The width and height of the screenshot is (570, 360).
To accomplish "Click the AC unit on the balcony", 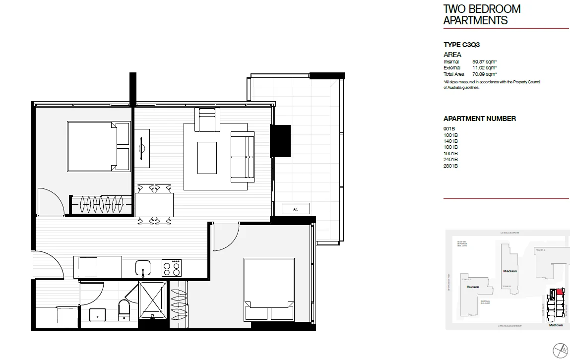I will click(x=295, y=209).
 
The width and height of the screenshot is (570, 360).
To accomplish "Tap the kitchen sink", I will click(x=143, y=268).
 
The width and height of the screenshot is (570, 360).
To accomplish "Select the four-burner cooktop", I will click(x=172, y=268).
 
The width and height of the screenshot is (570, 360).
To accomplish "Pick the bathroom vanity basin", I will click(x=97, y=314).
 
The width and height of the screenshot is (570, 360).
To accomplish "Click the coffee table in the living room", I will click(x=207, y=158).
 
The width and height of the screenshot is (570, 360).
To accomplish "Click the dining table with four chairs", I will click(x=154, y=204).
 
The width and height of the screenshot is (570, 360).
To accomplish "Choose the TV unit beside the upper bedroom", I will click(x=142, y=145).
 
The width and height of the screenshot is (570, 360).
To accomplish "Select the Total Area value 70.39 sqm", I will click(x=485, y=74).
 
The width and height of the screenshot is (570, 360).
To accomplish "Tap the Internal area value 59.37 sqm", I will click(x=485, y=61).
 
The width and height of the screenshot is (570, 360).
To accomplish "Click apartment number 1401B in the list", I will click(x=450, y=141).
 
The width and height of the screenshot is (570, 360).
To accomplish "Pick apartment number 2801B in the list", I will click(x=450, y=166).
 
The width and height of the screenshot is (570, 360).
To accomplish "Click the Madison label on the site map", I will click(x=510, y=271).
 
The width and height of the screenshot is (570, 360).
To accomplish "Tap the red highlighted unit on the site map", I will click(x=560, y=292).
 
